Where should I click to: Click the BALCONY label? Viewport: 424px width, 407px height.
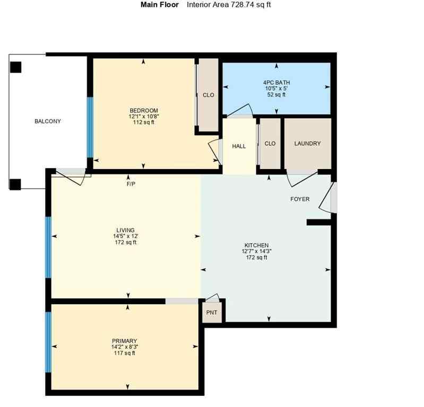click(48, 121)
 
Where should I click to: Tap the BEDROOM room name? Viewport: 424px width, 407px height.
click(143, 110)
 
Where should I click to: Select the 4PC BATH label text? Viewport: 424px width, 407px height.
click(276, 83)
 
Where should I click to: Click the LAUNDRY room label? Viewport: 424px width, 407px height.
click(307, 144)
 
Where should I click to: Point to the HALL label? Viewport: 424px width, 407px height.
click(239, 146)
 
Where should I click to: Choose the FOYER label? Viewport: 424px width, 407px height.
click(300, 199)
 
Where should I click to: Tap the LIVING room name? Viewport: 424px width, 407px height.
click(126, 230)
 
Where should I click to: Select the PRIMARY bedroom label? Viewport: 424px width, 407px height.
click(125, 341)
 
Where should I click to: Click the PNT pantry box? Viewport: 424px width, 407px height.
click(212, 313)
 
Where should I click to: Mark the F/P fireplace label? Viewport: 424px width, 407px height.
click(131, 184)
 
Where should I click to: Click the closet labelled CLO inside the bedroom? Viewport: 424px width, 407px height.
click(209, 95)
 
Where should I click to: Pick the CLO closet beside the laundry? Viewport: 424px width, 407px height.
click(270, 144)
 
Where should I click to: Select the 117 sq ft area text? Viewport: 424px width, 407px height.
click(125, 353)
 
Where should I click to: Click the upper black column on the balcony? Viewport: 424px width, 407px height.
click(15, 67)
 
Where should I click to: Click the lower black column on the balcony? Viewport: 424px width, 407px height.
click(15, 184)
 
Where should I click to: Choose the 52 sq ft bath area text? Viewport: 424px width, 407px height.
click(276, 95)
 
